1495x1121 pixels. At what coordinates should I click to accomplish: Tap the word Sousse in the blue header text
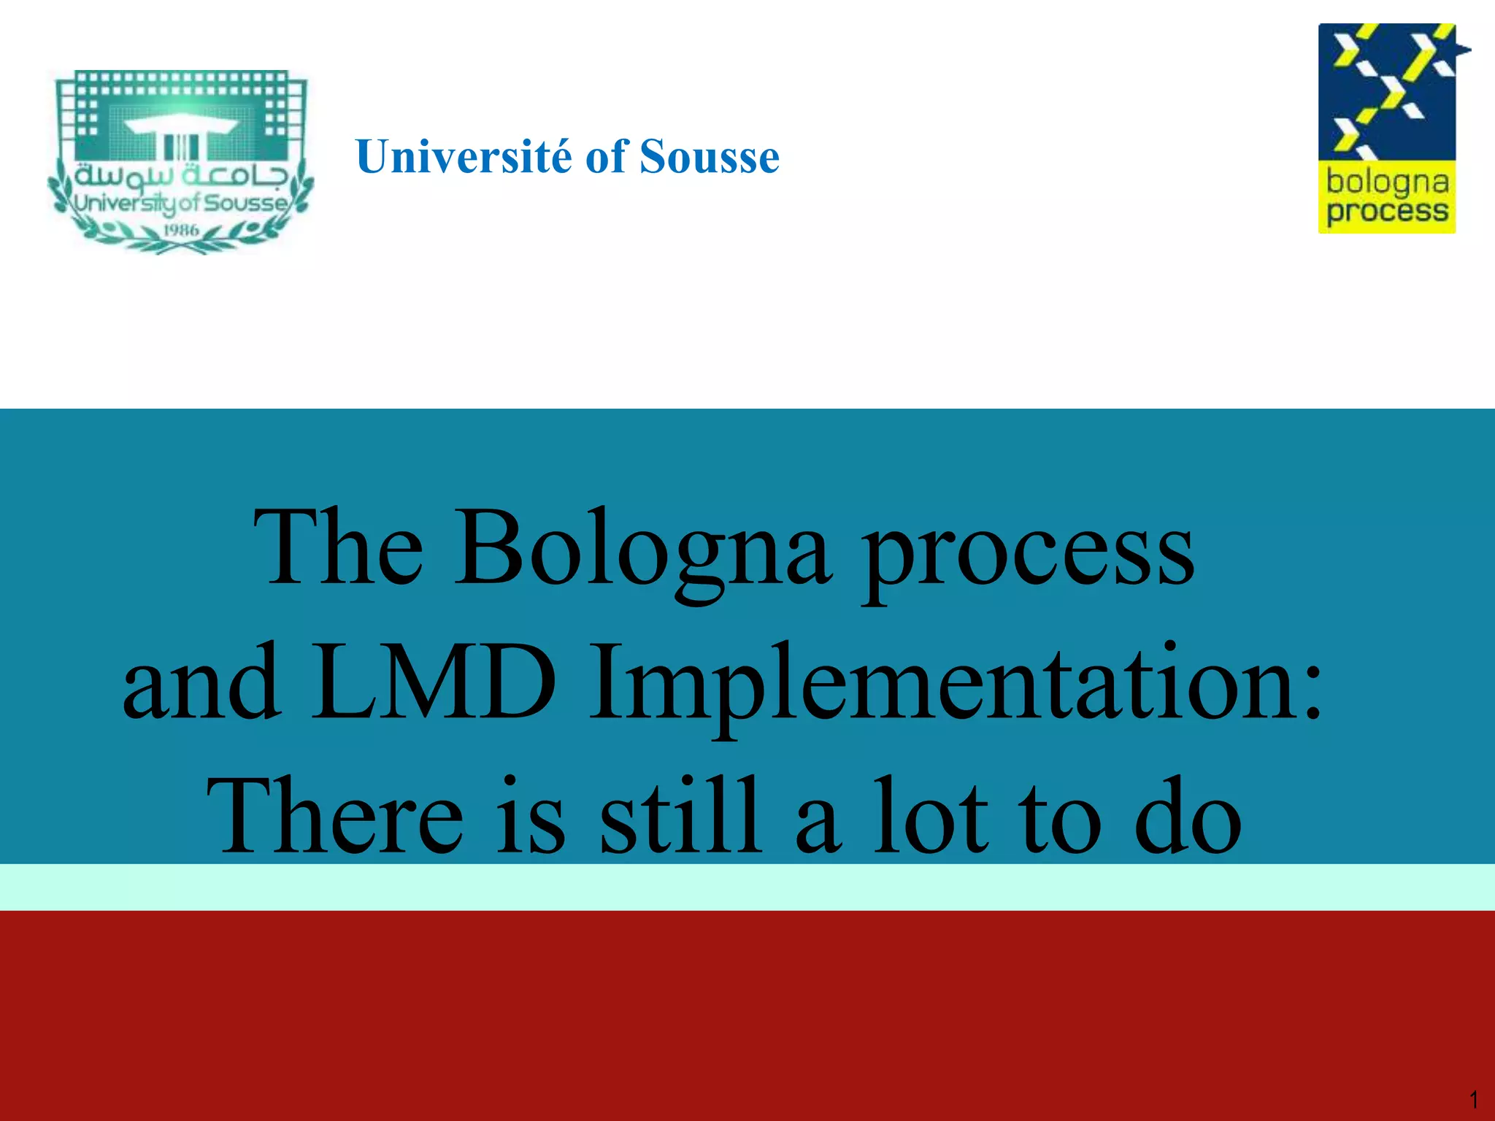[x=709, y=157]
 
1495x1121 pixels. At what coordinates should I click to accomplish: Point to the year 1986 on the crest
[x=181, y=231]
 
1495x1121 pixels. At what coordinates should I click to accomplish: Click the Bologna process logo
[x=1388, y=128]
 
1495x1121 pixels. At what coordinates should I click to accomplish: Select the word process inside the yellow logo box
[x=1387, y=212]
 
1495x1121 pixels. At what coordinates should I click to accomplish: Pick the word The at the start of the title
[x=338, y=547]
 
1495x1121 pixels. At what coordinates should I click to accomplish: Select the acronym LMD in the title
[x=434, y=682]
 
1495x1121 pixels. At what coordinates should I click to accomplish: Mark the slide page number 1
[x=1473, y=1099]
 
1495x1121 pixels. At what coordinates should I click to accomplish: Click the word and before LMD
[x=201, y=682]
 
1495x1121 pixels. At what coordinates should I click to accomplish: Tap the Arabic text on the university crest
[x=181, y=175]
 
